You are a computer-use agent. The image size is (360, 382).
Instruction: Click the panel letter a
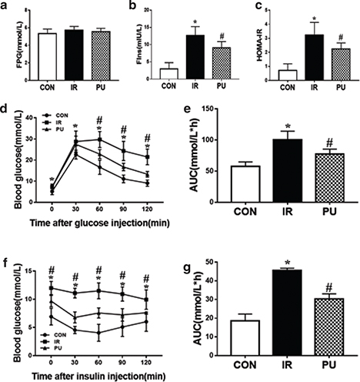(7, 7)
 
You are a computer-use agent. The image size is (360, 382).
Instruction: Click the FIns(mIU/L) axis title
(125, 40)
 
